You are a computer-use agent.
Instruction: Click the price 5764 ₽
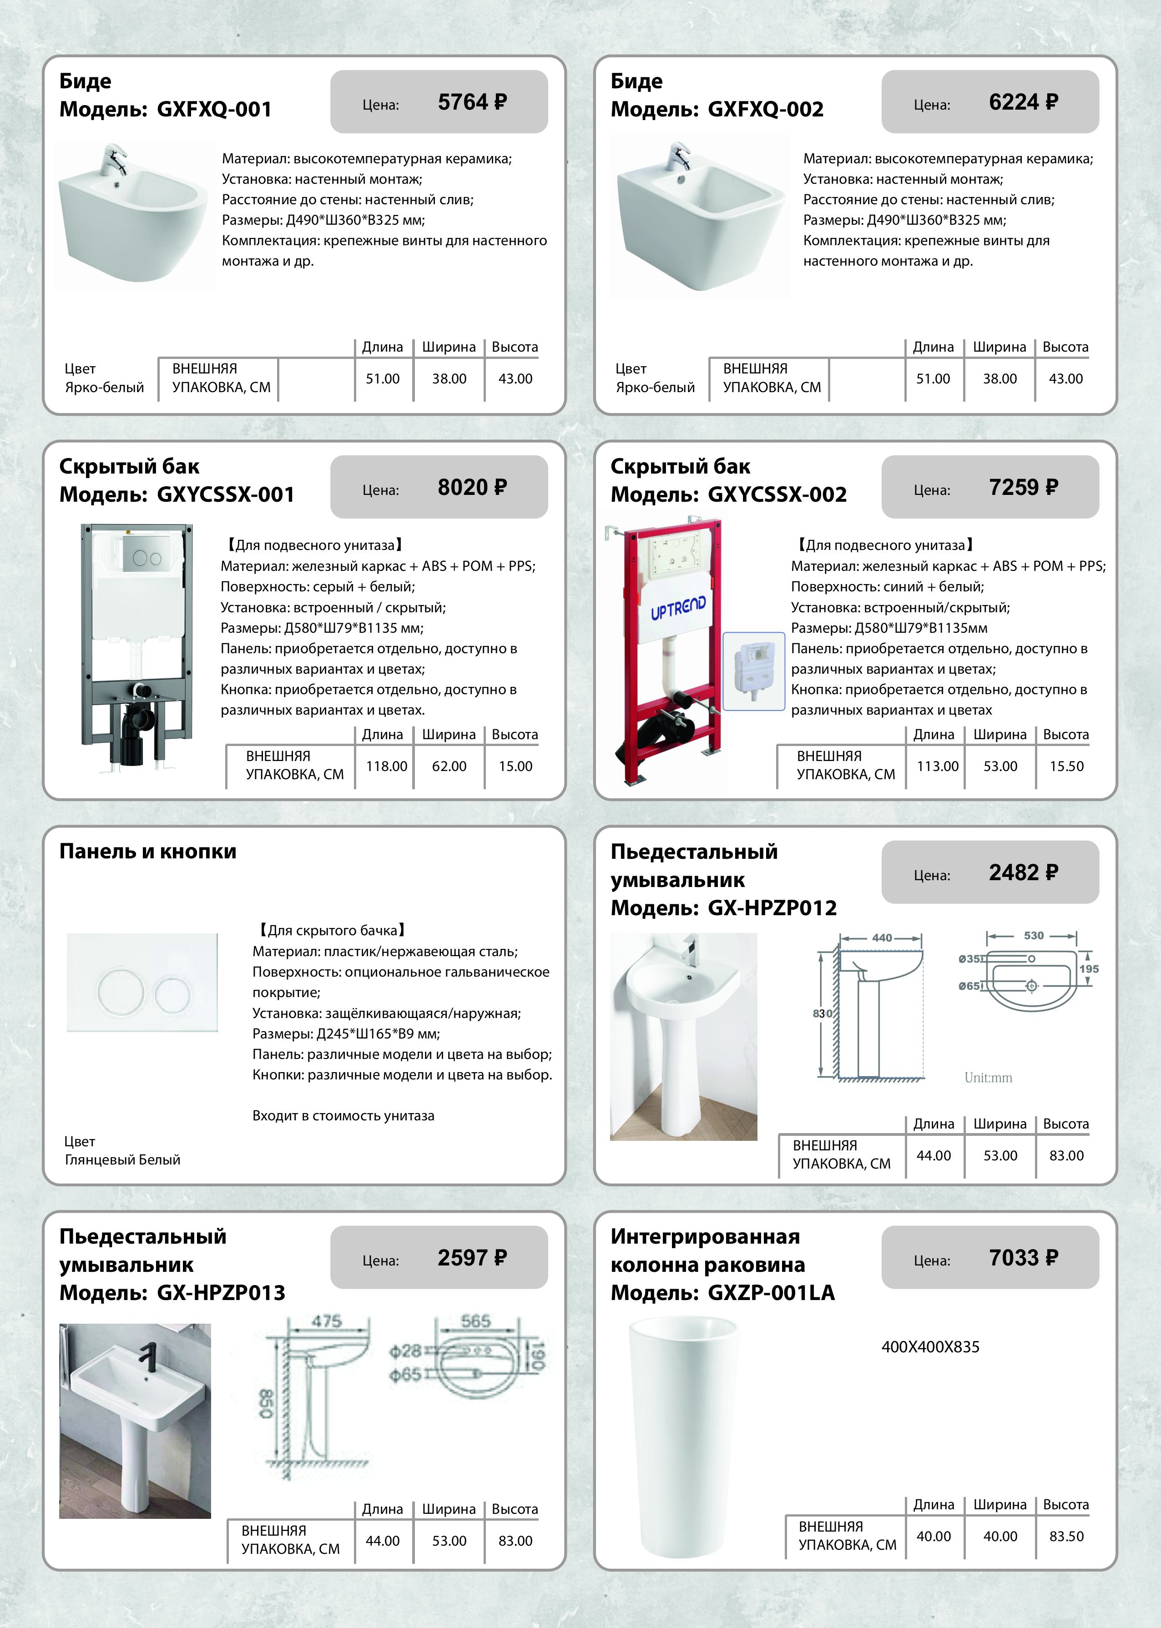(x=472, y=102)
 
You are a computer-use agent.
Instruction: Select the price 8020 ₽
(x=472, y=488)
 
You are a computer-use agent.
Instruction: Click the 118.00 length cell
(x=386, y=766)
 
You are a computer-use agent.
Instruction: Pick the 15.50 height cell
(x=1066, y=766)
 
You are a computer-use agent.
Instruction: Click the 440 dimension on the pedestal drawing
(x=882, y=937)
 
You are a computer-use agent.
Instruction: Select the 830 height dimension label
(x=822, y=1013)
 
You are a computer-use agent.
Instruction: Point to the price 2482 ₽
(x=1023, y=872)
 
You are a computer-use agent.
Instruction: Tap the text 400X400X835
(x=930, y=1347)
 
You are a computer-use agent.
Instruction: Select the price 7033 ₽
(x=1023, y=1258)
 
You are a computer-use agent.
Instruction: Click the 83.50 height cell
(x=1066, y=1537)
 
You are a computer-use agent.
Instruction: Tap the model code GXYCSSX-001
(x=225, y=494)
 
